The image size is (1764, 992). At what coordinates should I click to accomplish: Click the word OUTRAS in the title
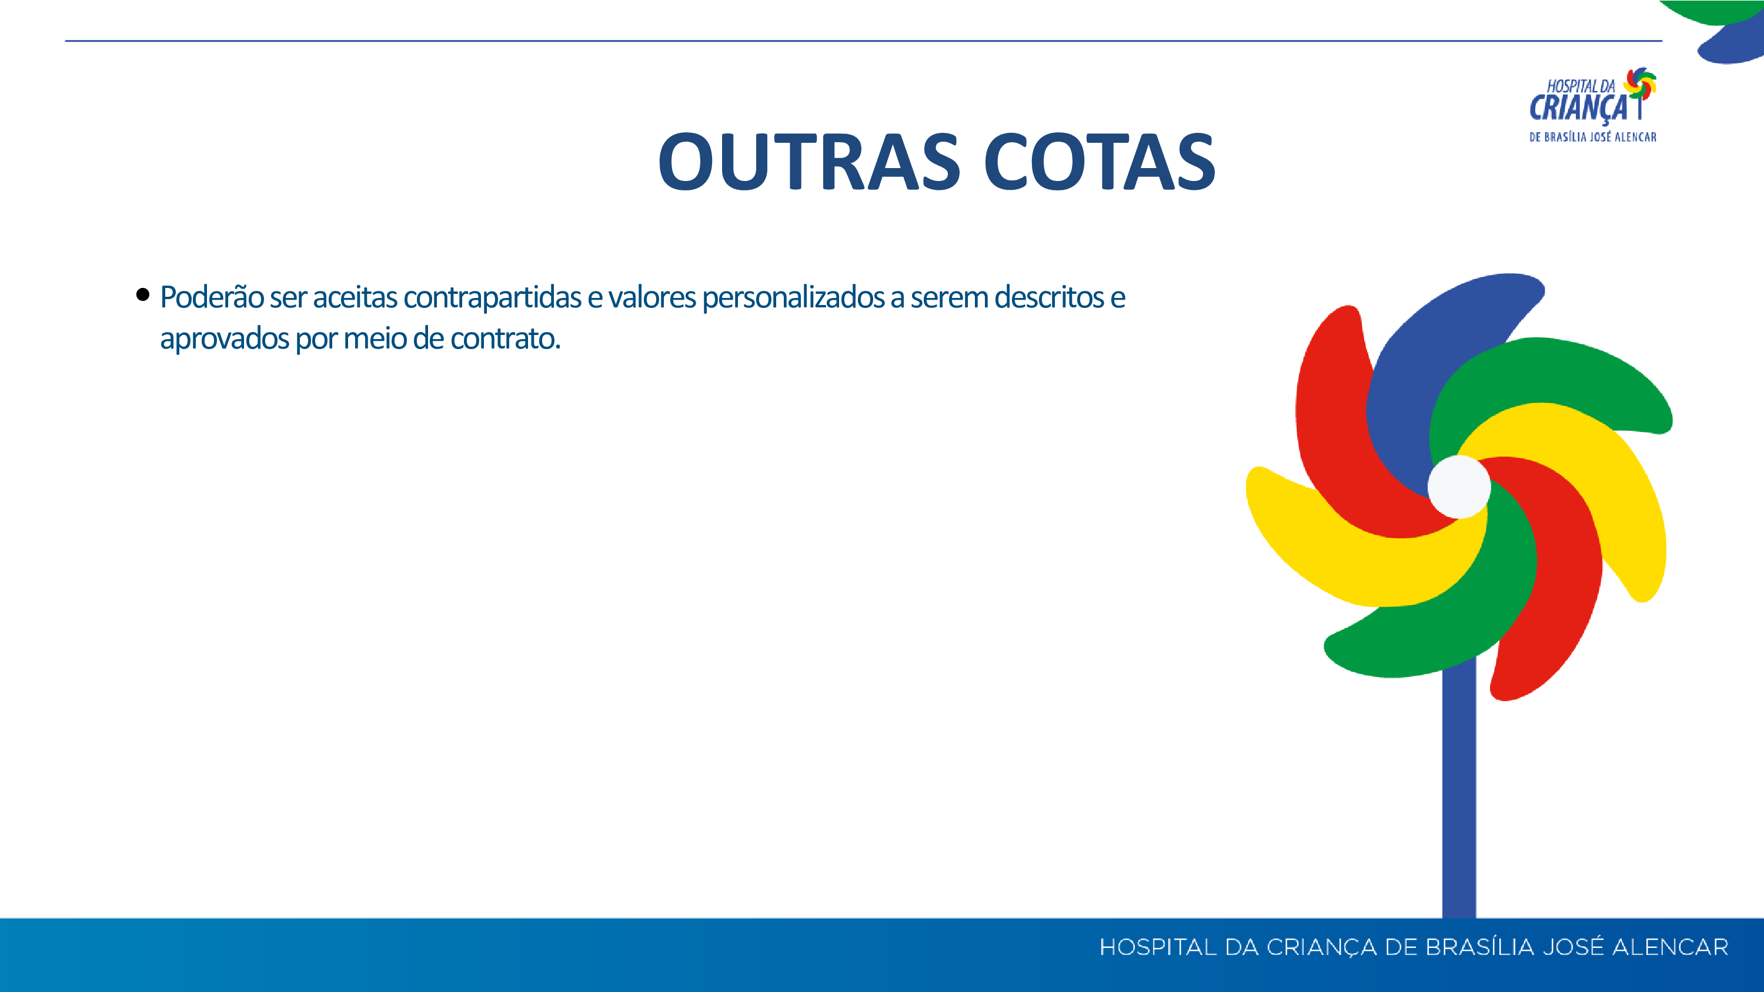810,162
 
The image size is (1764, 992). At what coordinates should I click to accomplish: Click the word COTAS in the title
1100,162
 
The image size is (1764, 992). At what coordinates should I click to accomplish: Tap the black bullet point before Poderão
142,294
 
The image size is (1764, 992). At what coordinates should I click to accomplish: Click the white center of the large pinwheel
1459,487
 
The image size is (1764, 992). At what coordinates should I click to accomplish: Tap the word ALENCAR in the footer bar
1671,947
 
